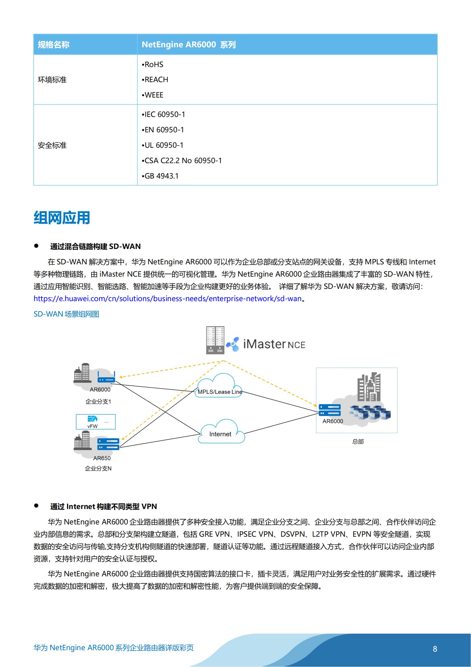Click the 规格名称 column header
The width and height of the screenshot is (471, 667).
tap(54, 45)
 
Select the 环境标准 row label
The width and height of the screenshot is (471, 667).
tap(52, 80)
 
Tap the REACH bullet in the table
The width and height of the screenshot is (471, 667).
tap(155, 80)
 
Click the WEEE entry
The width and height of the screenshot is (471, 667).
tap(153, 95)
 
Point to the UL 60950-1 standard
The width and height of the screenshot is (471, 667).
tap(163, 145)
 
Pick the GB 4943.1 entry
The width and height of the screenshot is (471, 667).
tap(160, 176)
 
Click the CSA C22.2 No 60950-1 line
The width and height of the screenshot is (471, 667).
tap(182, 161)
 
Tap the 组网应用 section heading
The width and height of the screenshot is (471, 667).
tap(62, 218)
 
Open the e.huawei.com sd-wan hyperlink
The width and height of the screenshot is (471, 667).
tap(168, 299)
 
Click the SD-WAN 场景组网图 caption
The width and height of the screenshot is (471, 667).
tap(66, 314)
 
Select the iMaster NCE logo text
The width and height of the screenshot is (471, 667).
tap(274, 344)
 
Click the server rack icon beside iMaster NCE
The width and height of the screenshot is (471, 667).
tap(215, 340)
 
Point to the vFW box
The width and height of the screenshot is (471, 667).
tap(96, 421)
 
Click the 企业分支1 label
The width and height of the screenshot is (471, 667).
tap(98, 402)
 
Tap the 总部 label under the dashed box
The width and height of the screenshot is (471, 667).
tap(358, 441)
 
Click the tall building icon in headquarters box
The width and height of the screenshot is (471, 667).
tap(369, 387)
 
